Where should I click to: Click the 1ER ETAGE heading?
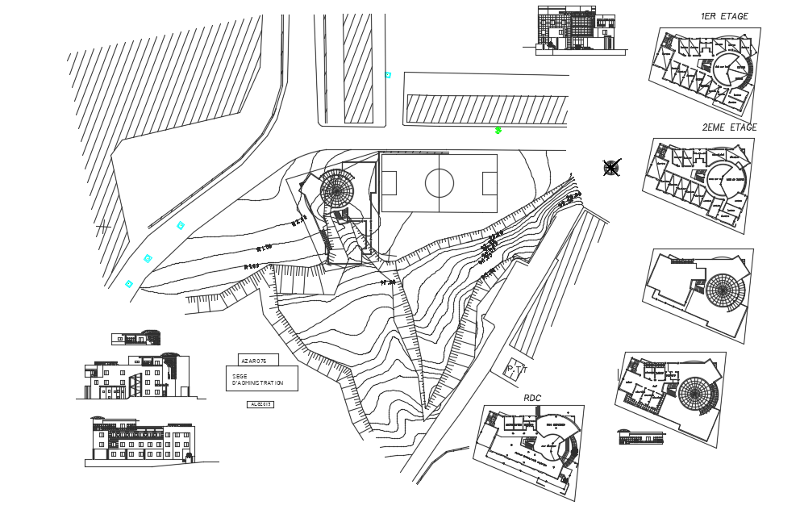(x=723, y=16)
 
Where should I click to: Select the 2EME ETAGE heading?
(x=729, y=127)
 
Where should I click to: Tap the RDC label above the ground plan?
(x=532, y=398)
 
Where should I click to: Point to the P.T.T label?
(x=515, y=370)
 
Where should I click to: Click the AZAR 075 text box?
(x=256, y=360)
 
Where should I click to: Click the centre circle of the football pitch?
(x=440, y=183)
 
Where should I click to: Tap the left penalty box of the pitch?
(x=389, y=183)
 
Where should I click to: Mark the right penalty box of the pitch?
(x=490, y=183)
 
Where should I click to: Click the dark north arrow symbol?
(x=611, y=168)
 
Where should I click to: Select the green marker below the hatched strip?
(x=498, y=130)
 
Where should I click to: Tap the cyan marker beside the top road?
(x=388, y=75)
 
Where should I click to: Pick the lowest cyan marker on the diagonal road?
(x=129, y=284)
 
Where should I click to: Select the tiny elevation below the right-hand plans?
(x=641, y=437)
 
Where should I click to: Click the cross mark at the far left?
(x=102, y=228)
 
